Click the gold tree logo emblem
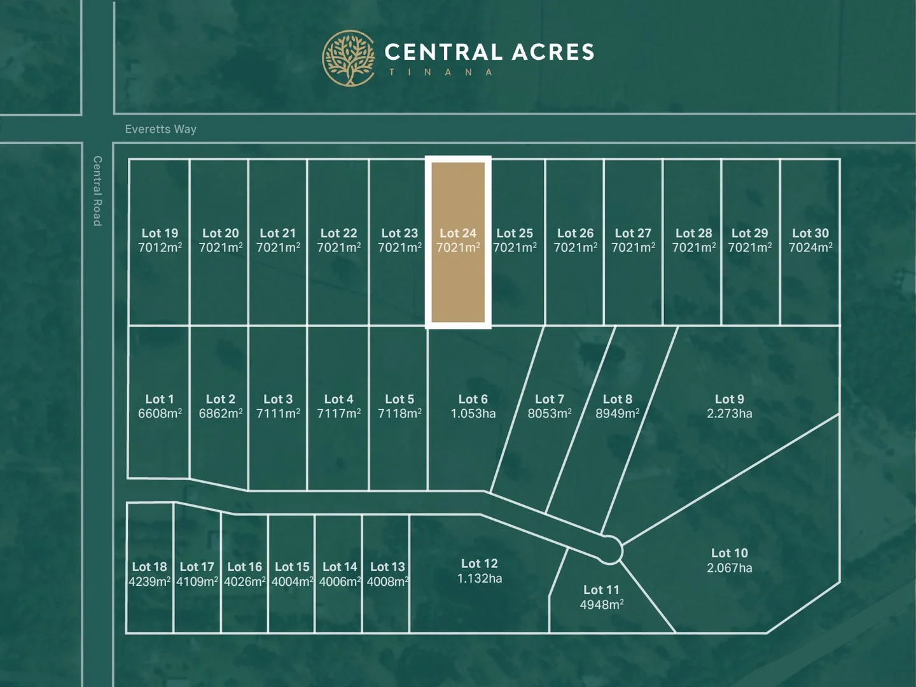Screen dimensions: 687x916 point(349,58)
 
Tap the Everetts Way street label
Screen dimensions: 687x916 point(161,129)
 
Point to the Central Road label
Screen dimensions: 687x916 point(97,191)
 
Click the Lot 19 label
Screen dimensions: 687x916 point(160,233)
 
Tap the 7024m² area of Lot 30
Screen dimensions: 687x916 point(810,247)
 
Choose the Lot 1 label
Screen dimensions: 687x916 point(159,399)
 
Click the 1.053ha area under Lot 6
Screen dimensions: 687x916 point(473,414)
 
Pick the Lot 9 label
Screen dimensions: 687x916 point(729,399)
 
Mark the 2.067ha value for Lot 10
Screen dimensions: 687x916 point(729,568)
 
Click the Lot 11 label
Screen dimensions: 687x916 point(601,590)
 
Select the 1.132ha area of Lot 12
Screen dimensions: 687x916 point(480,579)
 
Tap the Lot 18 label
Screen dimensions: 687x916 point(149,567)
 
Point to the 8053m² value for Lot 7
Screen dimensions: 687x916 point(549,414)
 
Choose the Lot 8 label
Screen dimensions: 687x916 point(617,399)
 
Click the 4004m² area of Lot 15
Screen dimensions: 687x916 point(292,582)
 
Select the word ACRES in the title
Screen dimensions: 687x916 point(553,52)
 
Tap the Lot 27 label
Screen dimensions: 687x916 point(633,233)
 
